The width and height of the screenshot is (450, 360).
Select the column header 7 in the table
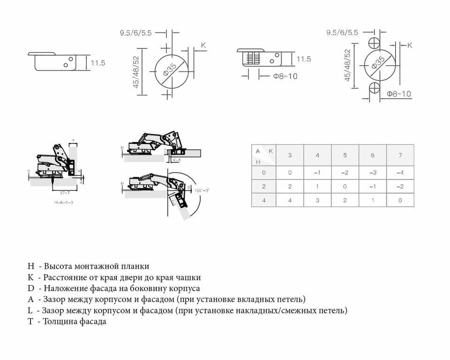[x=400, y=155]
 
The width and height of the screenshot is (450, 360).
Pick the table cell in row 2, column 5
[x=345, y=187]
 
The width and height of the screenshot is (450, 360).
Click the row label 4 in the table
[x=263, y=201]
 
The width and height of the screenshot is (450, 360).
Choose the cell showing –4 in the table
[x=400, y=172]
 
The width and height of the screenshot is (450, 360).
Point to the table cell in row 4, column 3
[x=290, y=201]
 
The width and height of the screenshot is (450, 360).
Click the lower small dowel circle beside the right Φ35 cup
[x=375, y=88]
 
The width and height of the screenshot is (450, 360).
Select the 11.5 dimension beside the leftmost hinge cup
[x=98, y=63]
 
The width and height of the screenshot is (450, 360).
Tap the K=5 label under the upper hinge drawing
[x=176, y=160]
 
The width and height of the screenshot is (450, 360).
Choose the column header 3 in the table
[x=290, y=155]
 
